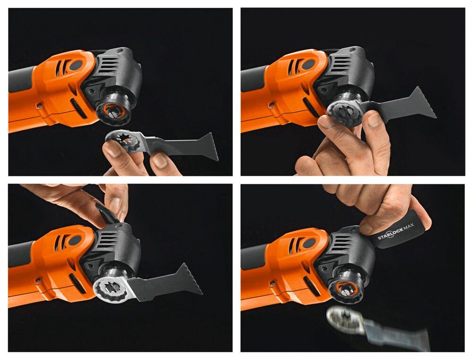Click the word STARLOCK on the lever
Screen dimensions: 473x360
pos(390,234)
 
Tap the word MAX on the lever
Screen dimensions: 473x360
pos(409,226)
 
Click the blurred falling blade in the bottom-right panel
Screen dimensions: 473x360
pos(377,329)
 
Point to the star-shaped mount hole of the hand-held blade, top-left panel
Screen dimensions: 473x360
pos(123,140)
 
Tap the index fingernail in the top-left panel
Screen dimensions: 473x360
pos(113,149)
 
